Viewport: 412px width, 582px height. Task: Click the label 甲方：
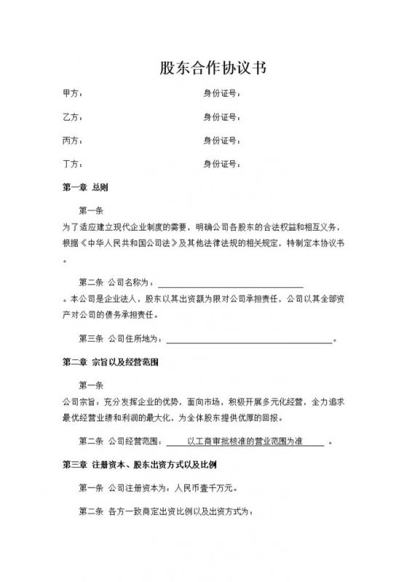(73, 94)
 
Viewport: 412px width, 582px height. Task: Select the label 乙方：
(73, 116)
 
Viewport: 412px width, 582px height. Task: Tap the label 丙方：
(73, 140)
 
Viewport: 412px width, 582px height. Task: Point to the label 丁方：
(73, 163)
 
